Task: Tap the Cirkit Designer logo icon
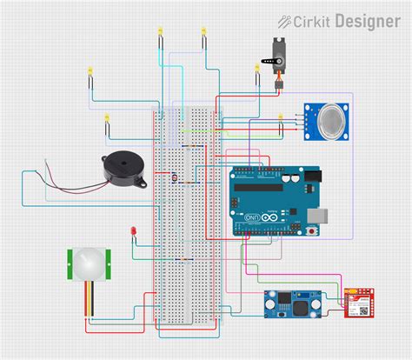point(285,21)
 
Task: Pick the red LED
point(134,232)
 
